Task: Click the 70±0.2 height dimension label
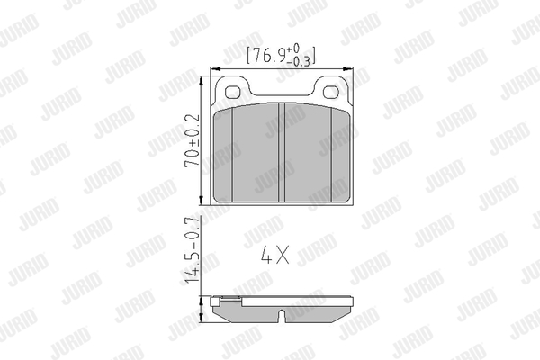[x=193, y=140]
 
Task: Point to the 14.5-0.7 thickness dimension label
[x=191, y=250]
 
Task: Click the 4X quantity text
[x=274, y=255]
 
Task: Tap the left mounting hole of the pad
[x=233, y=92]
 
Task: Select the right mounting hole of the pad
[x=331, y=92]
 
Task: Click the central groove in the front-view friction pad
[x=282, y=152]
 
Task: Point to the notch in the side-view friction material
[x=282, y=316]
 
